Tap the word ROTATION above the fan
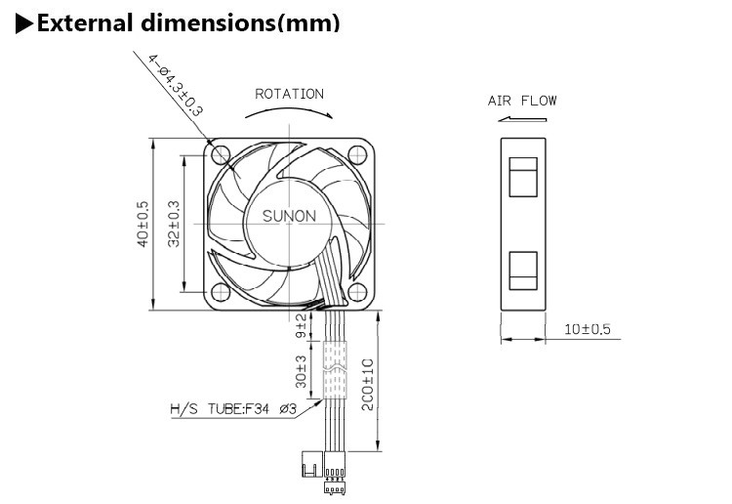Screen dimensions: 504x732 click(x=289, y=95)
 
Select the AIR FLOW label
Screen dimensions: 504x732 click(x=522, y=101)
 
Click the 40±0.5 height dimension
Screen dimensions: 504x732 click(x=142, y=223)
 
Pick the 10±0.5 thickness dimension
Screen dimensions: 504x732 click(x=588, y=329)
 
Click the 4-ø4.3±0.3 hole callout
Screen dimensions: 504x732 click(x=176, y=86)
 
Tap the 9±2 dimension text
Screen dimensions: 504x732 click(x=301, y=325)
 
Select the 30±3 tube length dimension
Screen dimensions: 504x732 click(x=302, y=369)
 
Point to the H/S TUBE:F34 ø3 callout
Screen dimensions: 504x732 click(x=232, y=410)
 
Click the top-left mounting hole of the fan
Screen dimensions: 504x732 click(x=220, y=153)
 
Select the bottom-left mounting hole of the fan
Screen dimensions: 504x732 click(x=220, y=291)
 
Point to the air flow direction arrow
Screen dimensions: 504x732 click(x=520, y=120)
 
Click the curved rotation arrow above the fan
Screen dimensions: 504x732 click(x=289, y=112)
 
